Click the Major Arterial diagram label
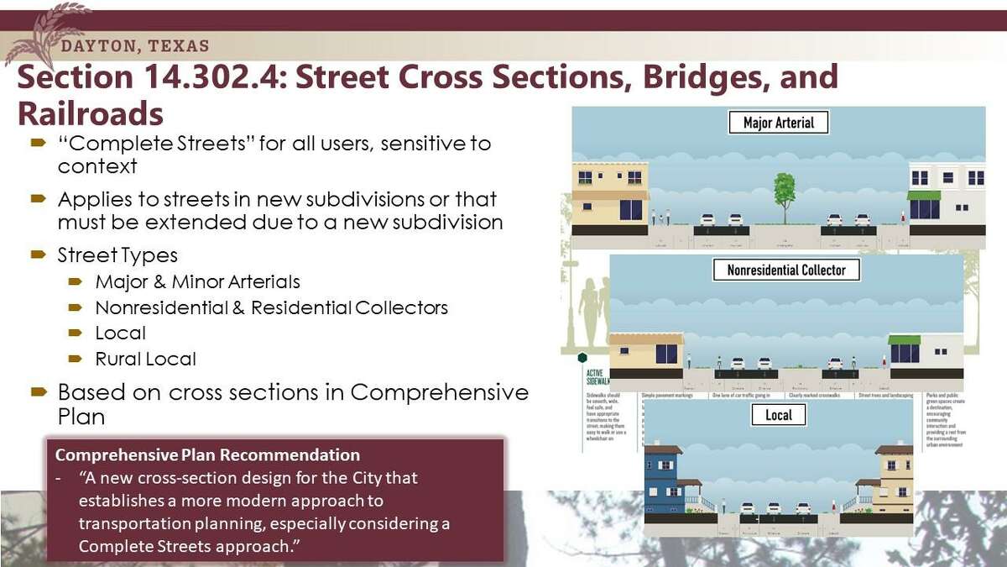pos(779,123)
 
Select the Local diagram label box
pos(778,415)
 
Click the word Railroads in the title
pos(90,113)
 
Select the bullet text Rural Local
pos(145,359)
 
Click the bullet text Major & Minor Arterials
pos(197,281)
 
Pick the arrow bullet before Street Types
pos(38,254)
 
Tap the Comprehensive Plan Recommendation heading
pos(207,455)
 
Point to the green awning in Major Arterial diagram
pos(924,196)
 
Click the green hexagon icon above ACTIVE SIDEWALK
pos(582,358)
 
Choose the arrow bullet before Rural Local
pos(76,359)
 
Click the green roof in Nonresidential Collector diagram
pos(905,339)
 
